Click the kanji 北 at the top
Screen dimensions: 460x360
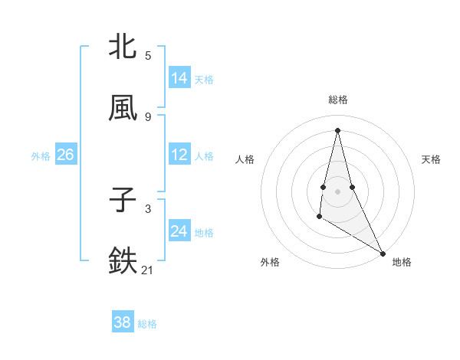pos(123,47)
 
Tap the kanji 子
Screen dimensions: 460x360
pos(123,200)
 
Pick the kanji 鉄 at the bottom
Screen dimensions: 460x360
pos(123,261)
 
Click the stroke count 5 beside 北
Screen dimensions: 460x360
pos(148,56)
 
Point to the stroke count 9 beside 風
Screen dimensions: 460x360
pos(148,117)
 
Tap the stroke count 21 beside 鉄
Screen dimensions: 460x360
pos(148,270)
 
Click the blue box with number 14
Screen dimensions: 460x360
pos(179,78)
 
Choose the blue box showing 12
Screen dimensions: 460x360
pos(179,155)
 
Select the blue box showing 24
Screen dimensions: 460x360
pos(179,231)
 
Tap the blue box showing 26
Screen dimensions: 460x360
pos(65,155)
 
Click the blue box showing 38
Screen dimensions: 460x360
pos(123,323)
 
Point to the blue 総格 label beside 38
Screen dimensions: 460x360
pos(147,324)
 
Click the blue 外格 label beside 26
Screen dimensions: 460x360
pos(41,155)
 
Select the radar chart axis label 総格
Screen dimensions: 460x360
pos(337,100)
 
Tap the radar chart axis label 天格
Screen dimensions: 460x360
pos(431,159)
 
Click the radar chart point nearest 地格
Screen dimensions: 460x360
pos(383,254)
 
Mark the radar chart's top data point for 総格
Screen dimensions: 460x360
pos(337,129)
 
